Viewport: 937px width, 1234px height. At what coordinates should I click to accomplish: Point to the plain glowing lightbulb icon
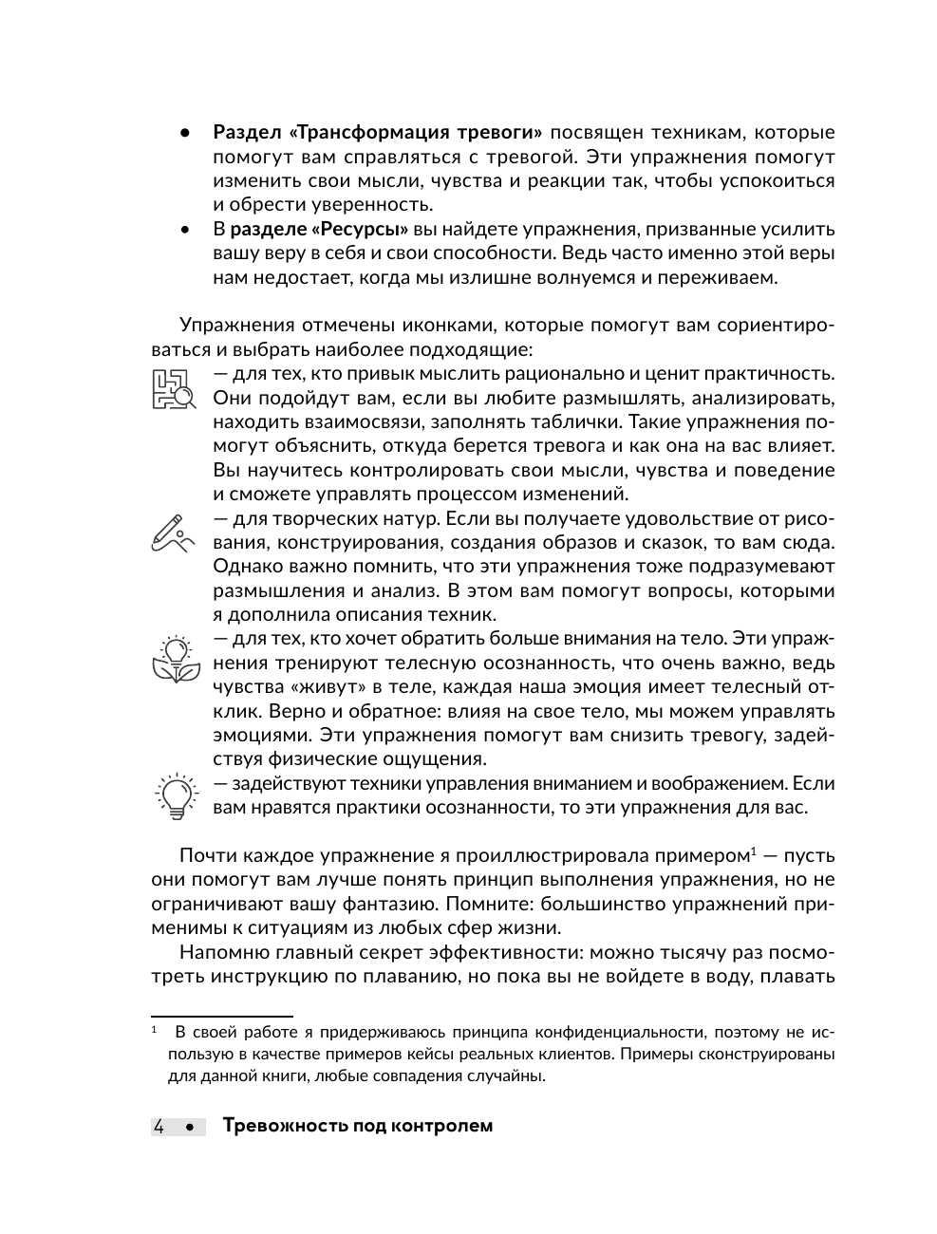tap(176, 795)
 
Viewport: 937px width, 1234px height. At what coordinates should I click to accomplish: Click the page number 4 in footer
tap(159, 1127)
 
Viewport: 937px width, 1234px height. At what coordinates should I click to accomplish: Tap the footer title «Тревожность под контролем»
tap(357, 1127)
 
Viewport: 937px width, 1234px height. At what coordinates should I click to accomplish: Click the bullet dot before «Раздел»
tap(186, 133)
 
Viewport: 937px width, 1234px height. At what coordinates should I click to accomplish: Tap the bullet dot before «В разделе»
tap(186, 230)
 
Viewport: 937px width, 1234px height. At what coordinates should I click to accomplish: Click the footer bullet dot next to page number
tap(191, 1128)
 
